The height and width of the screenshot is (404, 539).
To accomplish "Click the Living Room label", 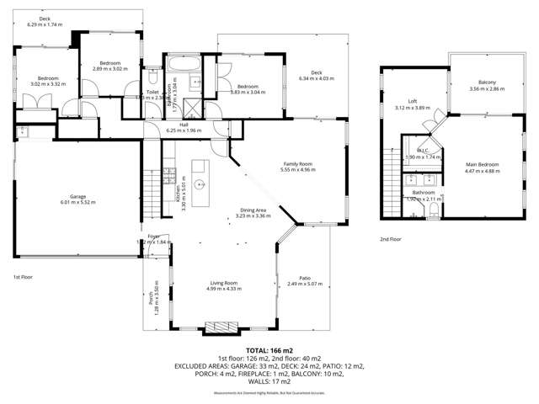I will pos(222,285).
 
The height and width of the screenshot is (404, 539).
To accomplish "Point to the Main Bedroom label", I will pos(483,167).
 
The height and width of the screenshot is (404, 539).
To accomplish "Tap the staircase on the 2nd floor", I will pos(392,160).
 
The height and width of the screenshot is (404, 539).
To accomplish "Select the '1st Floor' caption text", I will pos(22,277).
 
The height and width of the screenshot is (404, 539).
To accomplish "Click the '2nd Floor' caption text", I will pos(390,239).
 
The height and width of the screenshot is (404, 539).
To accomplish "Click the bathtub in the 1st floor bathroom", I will pos(180,63).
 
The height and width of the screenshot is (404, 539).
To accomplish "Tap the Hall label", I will pos(183,126).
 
